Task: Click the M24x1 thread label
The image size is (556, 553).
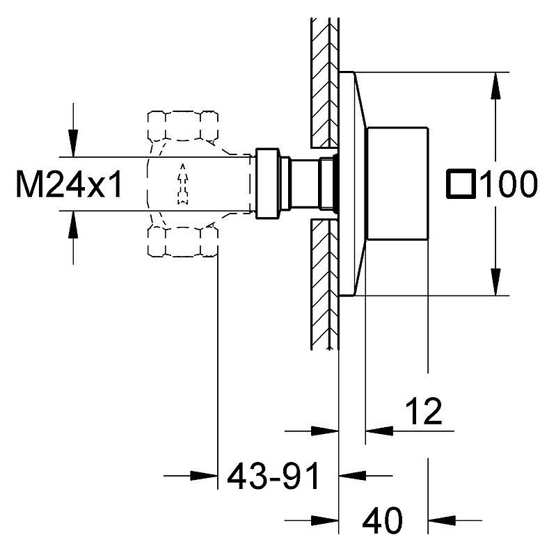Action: [x=70, y=184]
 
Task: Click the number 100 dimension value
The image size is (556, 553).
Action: [x=509, y=184]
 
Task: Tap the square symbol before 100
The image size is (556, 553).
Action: [x=460, y=183]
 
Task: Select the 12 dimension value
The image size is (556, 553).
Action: [x=423, y=411]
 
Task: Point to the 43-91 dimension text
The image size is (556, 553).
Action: [x=273, y=475]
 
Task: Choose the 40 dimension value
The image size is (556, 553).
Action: [x=382, y=521]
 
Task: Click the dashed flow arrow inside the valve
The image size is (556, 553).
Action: [x=182, y=184]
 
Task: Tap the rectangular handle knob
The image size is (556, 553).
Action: [x=397, y=183]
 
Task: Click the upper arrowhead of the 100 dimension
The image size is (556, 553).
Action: [x=495, y=86]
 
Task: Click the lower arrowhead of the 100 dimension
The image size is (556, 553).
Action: [x=495, y=282]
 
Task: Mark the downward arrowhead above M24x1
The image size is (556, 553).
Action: [x=73, y=143]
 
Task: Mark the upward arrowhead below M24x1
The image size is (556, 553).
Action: [x=73, y=225]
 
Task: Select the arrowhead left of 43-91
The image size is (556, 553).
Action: [x=203, y=476]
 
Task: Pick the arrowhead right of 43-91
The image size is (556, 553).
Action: [x=353, y=476]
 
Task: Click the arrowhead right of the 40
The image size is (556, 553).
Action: [x=442, y=521]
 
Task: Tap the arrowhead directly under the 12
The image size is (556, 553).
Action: [x=379, y=431]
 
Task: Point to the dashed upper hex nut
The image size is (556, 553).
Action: [x=182, y=126]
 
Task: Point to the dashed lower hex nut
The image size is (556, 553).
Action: [x=182, y=242]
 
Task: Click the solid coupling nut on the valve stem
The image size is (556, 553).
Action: [x=268, y=184]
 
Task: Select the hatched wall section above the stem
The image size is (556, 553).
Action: [x=325, y=83]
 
